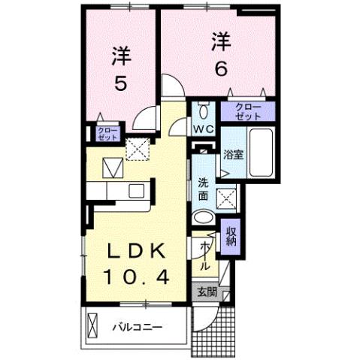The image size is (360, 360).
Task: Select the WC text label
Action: pos(204,129)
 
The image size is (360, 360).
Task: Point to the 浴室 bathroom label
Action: pos(232,156)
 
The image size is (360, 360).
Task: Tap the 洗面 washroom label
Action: pos(203,189)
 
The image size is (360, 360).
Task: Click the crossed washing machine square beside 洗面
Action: pos(226,198)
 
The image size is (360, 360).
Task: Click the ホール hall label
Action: pos(204,256)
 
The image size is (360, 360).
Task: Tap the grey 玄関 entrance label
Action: pos(206,292)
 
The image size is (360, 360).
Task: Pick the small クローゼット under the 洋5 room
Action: pos(107,135)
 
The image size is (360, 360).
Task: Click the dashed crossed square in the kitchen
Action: pos(137,150)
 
